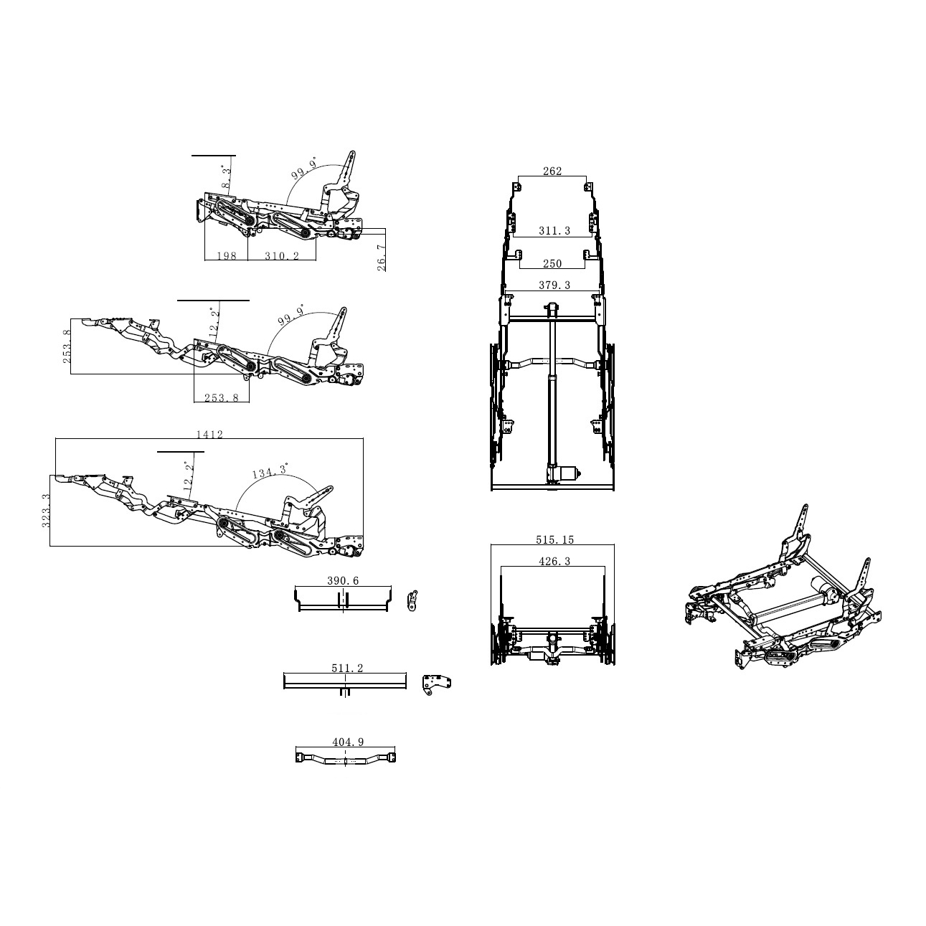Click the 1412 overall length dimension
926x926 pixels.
tap(209, 435)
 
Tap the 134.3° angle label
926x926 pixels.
tap(270, 471)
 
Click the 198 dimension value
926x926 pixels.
tap(227, 255)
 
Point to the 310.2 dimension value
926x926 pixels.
tap(282, 255)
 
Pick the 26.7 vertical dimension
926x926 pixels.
tap(381, 258)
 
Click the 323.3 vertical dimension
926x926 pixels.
tap(46, 511)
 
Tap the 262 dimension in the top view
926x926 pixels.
tap(552, 171)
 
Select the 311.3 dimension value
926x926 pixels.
tap(554, 231)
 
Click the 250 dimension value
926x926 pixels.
tap(552, 264)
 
